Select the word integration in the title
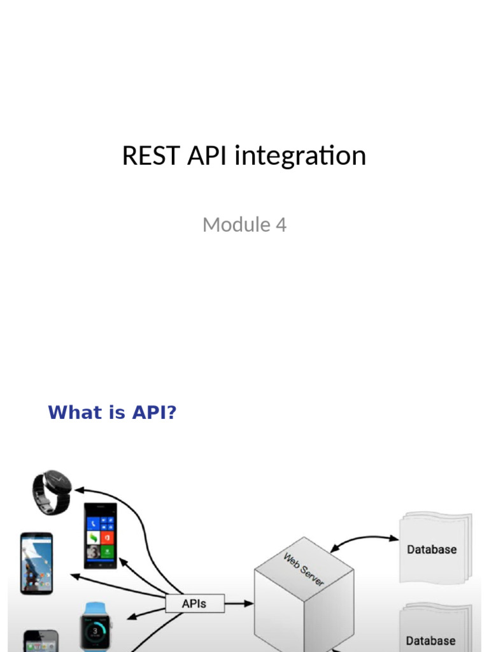coord(300,156)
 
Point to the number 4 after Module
coord(281,225)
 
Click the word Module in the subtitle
coord(236,225)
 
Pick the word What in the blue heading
coord(75,413)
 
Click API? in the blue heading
coord(154,413)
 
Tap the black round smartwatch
coord(53,492)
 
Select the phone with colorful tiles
coord(101,535)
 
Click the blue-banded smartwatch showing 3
coord(96,626)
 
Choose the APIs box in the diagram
coord(195,603)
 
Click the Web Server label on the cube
coord(304,569)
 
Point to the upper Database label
coord(432,549)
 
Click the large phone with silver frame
coord(36,563)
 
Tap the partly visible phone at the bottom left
coord(41,641)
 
